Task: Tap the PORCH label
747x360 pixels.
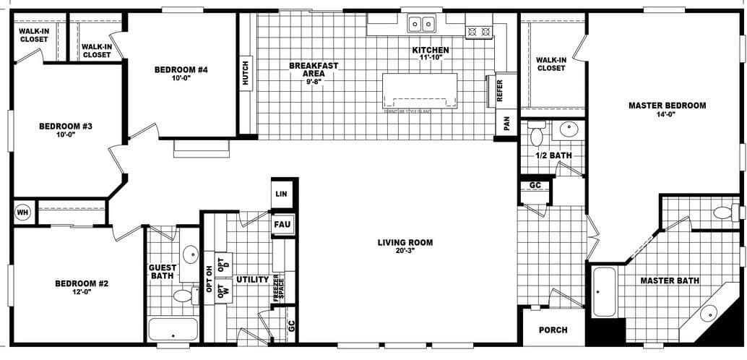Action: (553, 330)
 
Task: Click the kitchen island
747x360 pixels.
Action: (420, 90)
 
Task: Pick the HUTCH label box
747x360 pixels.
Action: (246, 73)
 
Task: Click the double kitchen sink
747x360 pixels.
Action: (421, 25)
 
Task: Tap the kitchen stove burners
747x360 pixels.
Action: (479, 31)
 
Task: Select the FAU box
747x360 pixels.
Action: (282, 224)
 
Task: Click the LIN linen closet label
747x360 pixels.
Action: (282, 194)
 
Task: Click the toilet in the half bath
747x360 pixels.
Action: (536, 135)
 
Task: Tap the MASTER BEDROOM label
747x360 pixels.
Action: (667, 106)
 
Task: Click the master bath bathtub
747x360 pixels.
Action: (603, 291)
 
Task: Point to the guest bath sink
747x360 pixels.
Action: (190, 254)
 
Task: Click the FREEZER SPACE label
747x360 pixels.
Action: (277, 288)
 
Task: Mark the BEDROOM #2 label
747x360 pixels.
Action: (82, 283)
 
